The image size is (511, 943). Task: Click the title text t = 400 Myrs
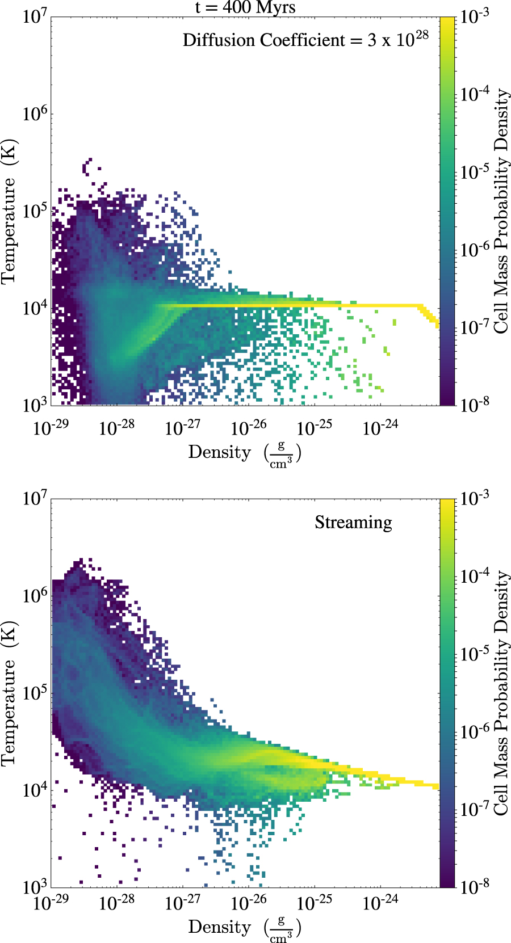pos(245,7)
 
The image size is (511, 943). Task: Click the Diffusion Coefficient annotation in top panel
pos(305,40)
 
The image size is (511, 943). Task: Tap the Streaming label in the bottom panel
pos(353,522)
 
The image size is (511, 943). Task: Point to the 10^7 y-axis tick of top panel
pos(35,16)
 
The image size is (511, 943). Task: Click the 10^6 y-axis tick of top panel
pos(35,113)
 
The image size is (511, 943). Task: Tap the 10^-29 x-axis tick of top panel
pos(51,427)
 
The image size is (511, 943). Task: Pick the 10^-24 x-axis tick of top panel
pos(380,427)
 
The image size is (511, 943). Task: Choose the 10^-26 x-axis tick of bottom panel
pos(249,903)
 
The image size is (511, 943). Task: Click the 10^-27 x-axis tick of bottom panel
pos(183,903)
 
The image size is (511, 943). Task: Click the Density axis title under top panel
pos(244,453)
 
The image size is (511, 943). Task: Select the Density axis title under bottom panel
pos(244,928)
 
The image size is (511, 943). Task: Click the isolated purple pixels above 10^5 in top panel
pos(87,166)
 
